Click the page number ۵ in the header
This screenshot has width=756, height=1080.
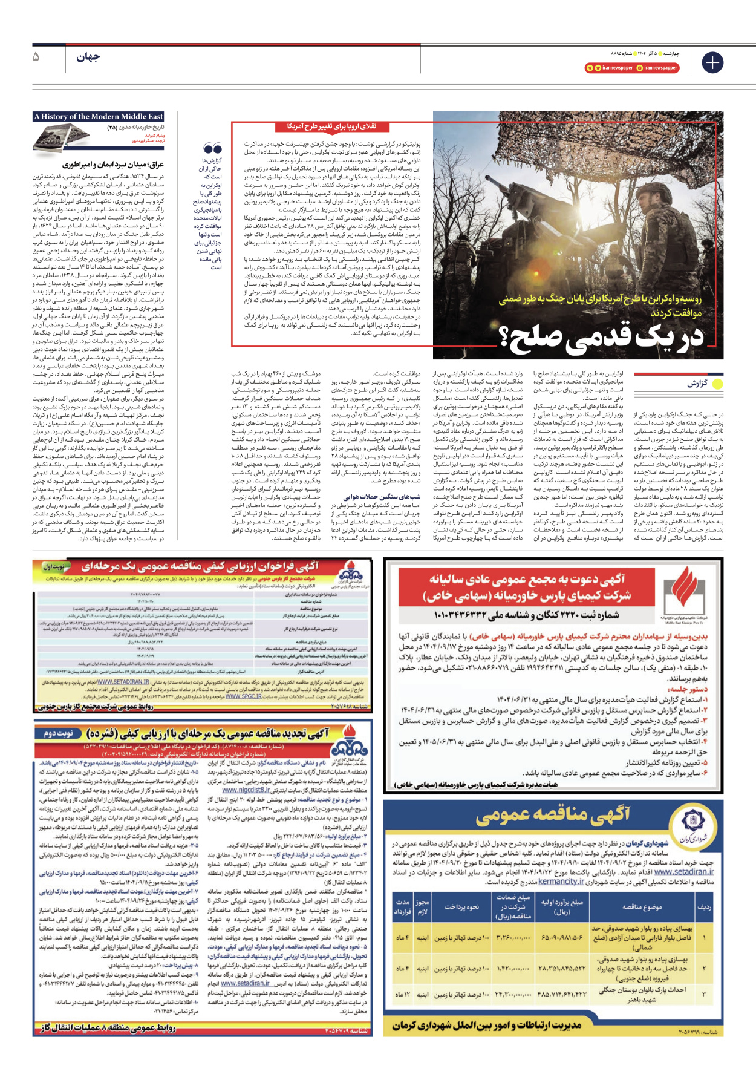pos(36,57)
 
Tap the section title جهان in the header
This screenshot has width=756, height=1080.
pos(88,57)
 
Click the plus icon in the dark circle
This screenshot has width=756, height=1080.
pos(712,62)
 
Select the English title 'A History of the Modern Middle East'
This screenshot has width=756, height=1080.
pos(99,117)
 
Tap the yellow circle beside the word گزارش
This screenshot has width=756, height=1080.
pos(717,384)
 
